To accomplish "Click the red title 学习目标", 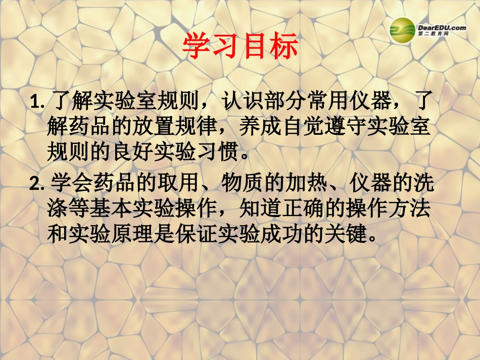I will tap(240, 47).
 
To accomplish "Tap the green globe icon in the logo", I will tap(402, 31).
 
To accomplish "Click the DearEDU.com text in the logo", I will tap(442, 28).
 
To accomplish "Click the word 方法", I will tap(412, 209).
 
